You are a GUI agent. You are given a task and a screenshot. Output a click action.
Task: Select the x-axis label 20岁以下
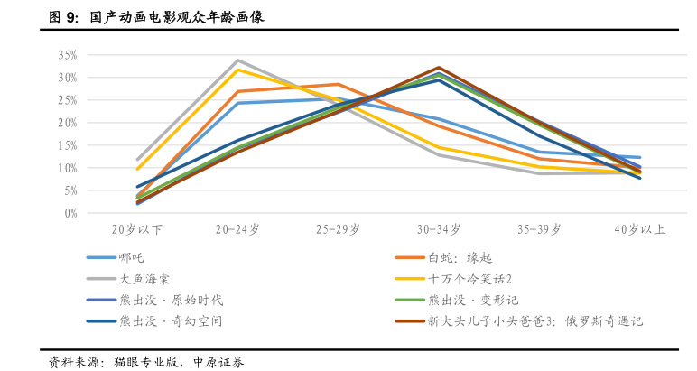(138, 231)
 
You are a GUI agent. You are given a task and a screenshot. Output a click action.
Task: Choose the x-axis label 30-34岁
(439, 231)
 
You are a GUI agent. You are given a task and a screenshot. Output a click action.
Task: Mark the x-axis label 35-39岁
(539, 231)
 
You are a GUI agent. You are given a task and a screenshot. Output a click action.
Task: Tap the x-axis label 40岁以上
(639, 231)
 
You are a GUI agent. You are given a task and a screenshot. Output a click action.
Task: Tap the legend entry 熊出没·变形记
(473, 300)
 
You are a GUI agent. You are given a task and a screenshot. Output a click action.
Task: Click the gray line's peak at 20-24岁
(237, 60)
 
